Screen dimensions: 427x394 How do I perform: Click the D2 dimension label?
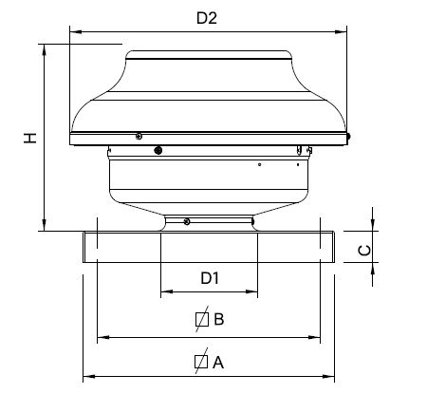pyautogui.click(x=207, y=18)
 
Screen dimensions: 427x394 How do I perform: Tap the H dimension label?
pyautogui.click(x=30, y=138)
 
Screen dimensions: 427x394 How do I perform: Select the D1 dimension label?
pyautogui.click(x=210, y=278)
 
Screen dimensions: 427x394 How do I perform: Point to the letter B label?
pyautogui.click(x=219, y=319)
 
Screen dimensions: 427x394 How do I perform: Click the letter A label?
pyautogui.click(x=218, y=363)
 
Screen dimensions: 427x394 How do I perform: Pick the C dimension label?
pyautogui.click(x=364, y=251)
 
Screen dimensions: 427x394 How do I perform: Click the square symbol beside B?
pyautogui.click(x=202, y=319)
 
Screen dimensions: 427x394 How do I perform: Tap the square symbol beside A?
pyautogui.click(x=201, y=362)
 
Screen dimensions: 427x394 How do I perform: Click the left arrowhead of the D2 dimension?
pyautogui.click(x=76, y=31)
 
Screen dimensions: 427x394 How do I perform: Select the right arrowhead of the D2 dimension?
pyautogui.click(x=341, y=31)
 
